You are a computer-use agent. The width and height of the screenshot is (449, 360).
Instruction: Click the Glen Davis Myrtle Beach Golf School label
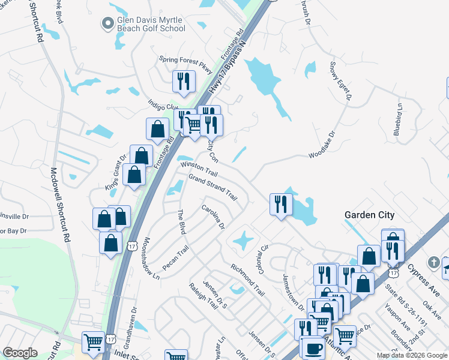(x=151, y=24)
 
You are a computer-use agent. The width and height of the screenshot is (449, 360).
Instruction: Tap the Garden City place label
(x=369, y=215)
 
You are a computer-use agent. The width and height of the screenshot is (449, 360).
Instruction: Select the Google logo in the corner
(x=20, y=353)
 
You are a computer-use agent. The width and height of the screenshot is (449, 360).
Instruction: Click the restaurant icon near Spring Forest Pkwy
(x=184, y=82)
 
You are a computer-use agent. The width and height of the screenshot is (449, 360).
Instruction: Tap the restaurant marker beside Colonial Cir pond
(x=280, y=204)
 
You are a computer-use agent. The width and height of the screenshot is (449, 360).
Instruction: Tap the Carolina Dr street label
(x=212, y=217)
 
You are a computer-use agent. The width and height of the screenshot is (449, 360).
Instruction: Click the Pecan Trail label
(x=175, y=257)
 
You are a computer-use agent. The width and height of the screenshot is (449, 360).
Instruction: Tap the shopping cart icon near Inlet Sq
(x=93, y=343)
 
